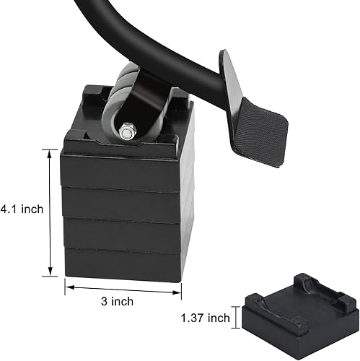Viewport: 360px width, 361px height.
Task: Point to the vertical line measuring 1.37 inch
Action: [x=235, y=318]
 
